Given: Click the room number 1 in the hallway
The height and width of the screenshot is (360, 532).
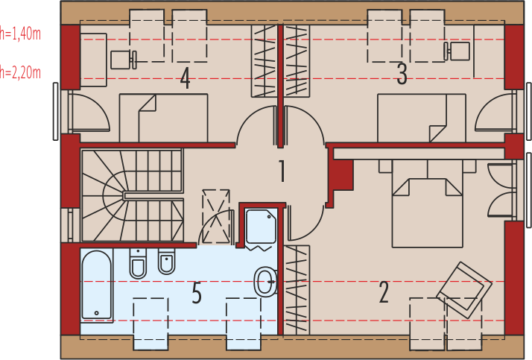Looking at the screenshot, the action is click(x=282, y=171).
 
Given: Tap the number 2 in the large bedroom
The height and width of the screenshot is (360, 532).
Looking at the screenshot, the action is click(x=384, y=292).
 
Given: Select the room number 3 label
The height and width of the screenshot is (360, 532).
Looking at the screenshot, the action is click(x=402, y=74).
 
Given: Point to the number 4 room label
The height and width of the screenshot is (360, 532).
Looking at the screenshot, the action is click(x=185, y=78).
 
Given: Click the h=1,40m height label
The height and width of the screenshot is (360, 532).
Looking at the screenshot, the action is click(x=20, y=34).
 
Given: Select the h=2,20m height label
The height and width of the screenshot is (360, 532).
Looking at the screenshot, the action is click(x=20, y=72).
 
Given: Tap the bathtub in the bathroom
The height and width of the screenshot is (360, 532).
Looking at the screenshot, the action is click(x=97, y=285).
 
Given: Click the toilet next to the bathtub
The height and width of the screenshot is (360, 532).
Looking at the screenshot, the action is click(x=138, y=263).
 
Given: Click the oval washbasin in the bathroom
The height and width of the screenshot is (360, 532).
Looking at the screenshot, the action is click(x=266, y=282).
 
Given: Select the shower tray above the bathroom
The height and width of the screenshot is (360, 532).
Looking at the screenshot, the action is click(x=261, y=227).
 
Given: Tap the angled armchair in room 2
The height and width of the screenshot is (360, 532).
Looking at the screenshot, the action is click(x=464, y=290).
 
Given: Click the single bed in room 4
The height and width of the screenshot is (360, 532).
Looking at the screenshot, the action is click(x=163, y=118).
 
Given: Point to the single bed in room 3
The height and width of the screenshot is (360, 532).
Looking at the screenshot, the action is click(x=422, y=118).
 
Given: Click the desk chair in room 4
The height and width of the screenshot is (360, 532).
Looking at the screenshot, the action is click(x=124, y=60).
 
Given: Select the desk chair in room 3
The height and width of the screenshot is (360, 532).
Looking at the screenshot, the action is click(x=457, y=51).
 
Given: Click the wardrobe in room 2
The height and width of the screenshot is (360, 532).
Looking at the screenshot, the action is click(x=297, y=290).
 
